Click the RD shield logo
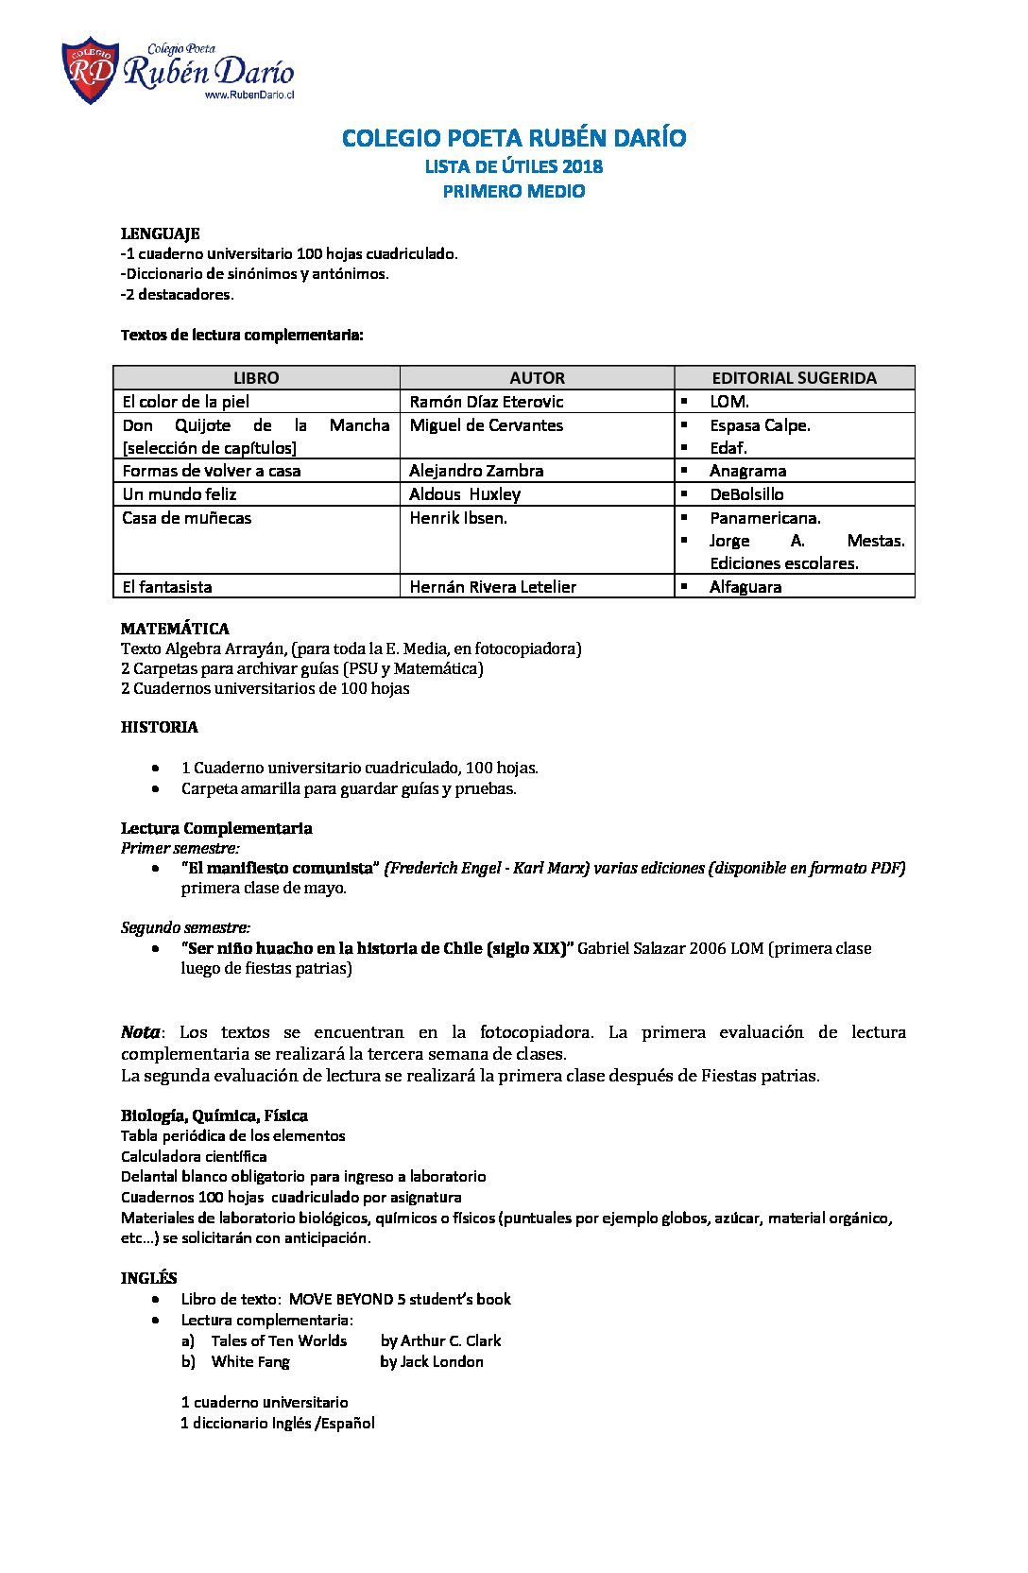90,70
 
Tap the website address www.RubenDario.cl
249,95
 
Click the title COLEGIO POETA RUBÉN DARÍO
514,138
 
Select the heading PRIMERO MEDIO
514,191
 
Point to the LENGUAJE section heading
160,233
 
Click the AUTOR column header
537,378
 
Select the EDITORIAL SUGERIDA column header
794,378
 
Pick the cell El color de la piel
186,402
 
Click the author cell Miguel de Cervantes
486,425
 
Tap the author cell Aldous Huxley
465,494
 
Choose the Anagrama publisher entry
747,471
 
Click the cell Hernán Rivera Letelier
492,587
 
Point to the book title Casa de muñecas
186,518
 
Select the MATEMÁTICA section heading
175,629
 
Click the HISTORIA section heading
159,727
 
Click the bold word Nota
140,1032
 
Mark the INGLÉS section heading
148,1278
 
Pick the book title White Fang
250,1361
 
